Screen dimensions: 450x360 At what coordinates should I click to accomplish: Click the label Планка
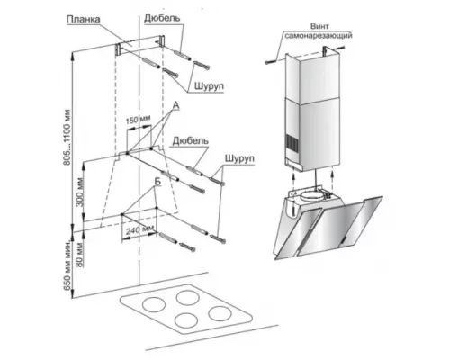point(83,19)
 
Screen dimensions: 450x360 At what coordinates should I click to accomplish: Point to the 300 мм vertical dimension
point(80,192)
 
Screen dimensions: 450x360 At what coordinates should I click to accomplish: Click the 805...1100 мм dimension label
point(67,138)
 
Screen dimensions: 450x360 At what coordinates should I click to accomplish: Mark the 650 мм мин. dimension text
point(67,265)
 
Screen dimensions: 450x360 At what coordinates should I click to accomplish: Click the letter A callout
point(176,105)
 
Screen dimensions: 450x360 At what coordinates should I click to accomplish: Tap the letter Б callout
point(157,182)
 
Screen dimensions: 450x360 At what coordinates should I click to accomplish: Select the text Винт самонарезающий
point(319,31)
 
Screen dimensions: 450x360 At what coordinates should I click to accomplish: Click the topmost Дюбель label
point(162,18)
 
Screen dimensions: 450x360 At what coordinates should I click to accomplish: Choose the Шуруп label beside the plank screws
point(209,86)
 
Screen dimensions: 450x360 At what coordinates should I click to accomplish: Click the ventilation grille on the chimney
point(291,143)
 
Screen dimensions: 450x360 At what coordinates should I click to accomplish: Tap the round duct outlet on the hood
point(312,197)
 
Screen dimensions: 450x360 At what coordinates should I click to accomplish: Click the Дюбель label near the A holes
point(190,140)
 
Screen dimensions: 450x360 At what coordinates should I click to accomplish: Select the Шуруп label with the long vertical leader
point(239,158)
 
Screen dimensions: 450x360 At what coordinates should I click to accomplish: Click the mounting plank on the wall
point(139,45)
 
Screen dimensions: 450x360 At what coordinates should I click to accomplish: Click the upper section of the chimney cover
point(313,78)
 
